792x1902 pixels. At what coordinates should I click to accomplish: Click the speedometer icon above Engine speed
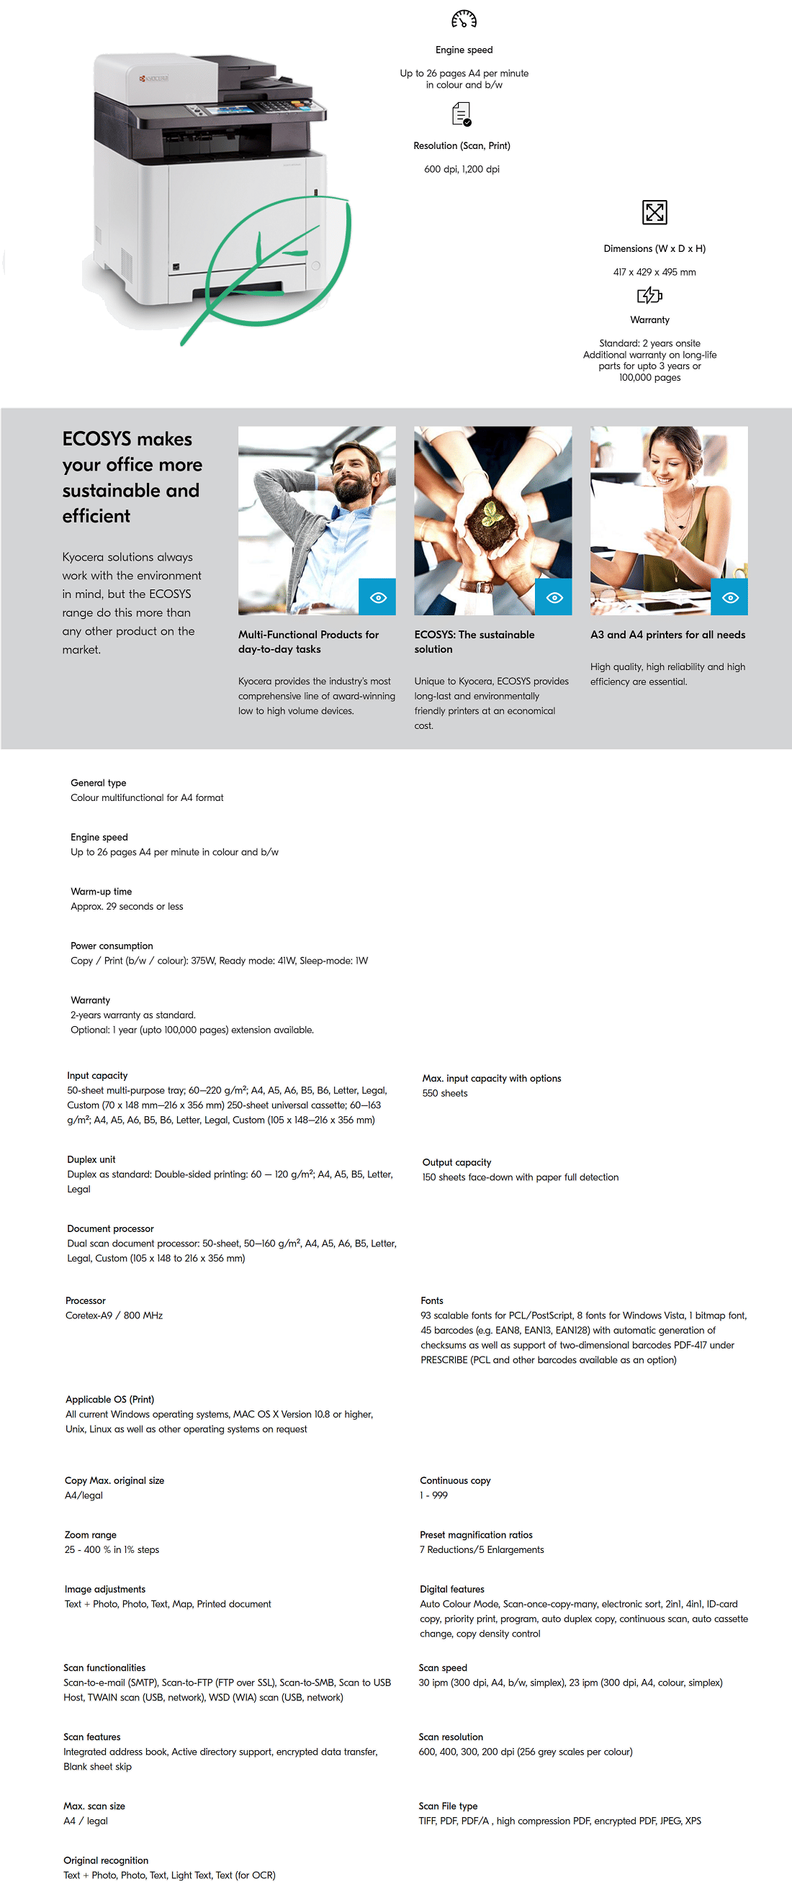tap(464, 19)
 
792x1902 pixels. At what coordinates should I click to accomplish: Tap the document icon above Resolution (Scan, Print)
tap(462, 114)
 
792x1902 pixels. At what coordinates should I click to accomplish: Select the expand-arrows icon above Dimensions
tap(654, 212)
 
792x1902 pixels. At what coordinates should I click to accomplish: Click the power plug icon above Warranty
tap(649, 295)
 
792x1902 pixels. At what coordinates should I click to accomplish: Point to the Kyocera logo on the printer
tap(154, 78)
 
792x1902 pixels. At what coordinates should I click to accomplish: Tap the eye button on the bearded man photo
tap(377, 597)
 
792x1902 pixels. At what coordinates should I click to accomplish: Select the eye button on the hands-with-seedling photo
tap(554, 597)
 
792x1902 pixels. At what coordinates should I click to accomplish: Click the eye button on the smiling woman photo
tap(729, 597)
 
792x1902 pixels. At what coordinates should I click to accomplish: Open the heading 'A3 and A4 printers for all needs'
tap(667, 635)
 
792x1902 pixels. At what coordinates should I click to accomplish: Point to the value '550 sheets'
tap(445, 1094)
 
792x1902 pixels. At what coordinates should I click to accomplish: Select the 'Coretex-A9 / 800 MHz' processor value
tap(114, 1315)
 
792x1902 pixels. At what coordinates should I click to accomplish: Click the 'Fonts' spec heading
tap(431, 1301)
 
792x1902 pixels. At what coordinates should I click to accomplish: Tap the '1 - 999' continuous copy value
tap(433, 1495)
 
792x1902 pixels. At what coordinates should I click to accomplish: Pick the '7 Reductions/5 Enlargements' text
tap(482, 1550)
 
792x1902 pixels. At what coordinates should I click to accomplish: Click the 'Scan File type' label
tap(448, 1806)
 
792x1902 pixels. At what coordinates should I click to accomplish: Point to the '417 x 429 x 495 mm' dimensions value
tap(654, 273)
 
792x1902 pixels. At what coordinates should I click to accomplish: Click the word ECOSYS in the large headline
tap(96, 439)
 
